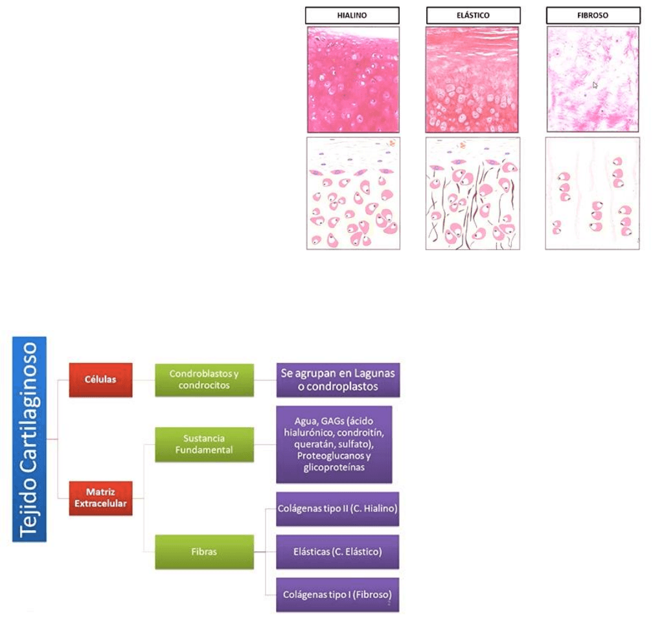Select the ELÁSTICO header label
[473, 16]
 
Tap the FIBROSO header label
[593, 16]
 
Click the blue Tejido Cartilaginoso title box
[30, 439]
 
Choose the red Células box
[100, 379]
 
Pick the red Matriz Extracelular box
[100, 498]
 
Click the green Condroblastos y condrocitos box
[204, 379]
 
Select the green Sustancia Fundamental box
[204, 444]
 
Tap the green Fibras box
[204, 552]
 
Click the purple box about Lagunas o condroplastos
[337, 380]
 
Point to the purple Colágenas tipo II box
[337, 509]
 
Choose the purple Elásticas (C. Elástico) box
[337, 552]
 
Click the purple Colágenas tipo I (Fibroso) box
[337, 595]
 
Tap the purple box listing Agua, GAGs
[334, 444]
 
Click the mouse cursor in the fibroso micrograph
[595, 84]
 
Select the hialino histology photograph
[353, 80]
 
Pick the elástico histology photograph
[473, 80]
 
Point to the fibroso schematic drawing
[593, 193]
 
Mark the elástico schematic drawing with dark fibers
[473, 193]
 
